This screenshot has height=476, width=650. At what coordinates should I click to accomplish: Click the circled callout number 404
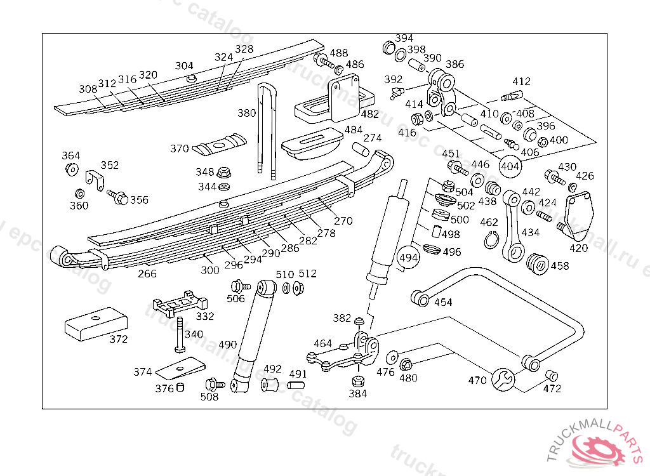[510, 166]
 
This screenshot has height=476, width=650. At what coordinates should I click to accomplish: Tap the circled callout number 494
[409, 258]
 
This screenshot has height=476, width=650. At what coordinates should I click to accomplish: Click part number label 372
[119, 339]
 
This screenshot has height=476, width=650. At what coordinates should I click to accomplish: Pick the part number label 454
[443, 302]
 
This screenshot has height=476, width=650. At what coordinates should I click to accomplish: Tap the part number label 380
[247, 114]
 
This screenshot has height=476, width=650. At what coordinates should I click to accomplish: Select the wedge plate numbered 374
[182, 367]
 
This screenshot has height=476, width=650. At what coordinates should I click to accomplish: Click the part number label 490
[228, 345]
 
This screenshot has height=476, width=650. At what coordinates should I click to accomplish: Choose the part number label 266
[147, 274]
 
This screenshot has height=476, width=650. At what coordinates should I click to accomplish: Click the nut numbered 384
[357, 382]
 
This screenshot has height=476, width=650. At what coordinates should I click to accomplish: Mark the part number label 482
[369, 114]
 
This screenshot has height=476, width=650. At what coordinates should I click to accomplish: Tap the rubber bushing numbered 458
[538, 263]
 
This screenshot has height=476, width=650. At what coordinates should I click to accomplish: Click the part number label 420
[578, 248]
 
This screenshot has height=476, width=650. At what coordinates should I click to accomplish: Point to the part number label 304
[184, 66]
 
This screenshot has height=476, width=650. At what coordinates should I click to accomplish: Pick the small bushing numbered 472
[552, 374]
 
